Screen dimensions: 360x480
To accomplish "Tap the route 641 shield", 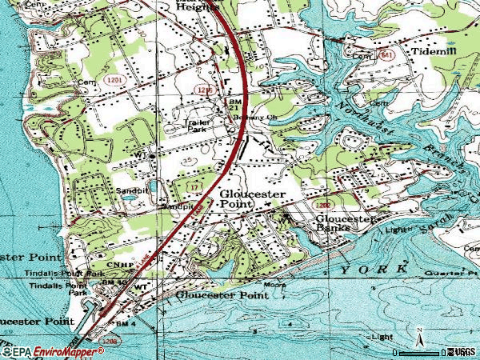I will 387,55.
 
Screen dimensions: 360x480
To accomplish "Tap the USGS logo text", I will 466,350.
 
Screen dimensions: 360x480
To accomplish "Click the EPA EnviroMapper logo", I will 48,350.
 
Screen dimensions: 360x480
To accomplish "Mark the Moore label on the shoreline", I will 275,285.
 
